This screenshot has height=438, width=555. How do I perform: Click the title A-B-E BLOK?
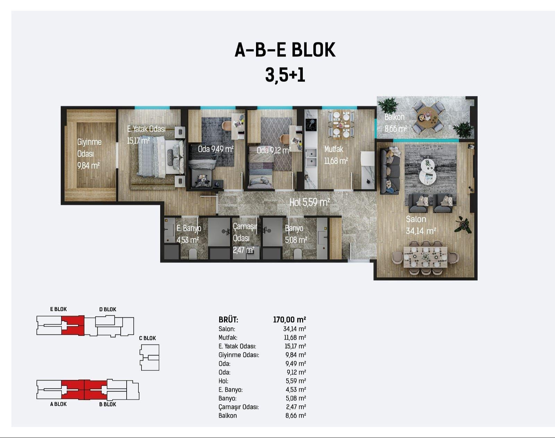point(285,50)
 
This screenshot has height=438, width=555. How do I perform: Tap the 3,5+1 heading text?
point(285,75)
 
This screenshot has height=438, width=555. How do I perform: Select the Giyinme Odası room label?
point(89,148)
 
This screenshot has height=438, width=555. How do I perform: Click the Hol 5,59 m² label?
point(309,203)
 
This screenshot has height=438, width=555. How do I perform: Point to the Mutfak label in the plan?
point(334,149)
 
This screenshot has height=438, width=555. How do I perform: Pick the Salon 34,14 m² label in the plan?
point(421,225)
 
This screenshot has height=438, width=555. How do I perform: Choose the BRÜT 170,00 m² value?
point(289,320)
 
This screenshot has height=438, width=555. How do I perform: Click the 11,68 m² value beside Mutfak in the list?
point(295,337)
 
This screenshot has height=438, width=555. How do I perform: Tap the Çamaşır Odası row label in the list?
point(239,407)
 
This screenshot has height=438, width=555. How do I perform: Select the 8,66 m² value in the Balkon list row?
point(296,415)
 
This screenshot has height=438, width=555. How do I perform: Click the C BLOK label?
point(147,338)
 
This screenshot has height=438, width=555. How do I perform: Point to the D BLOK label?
point(108,309)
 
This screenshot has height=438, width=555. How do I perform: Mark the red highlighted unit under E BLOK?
point(73,325)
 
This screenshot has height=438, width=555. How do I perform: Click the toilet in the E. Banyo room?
point(193,254)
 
